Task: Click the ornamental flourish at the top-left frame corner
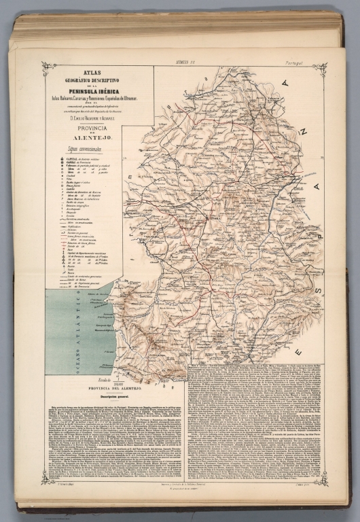pos(48,67)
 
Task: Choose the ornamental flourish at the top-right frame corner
pos(319,68)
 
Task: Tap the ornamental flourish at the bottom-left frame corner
pos(48,478)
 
